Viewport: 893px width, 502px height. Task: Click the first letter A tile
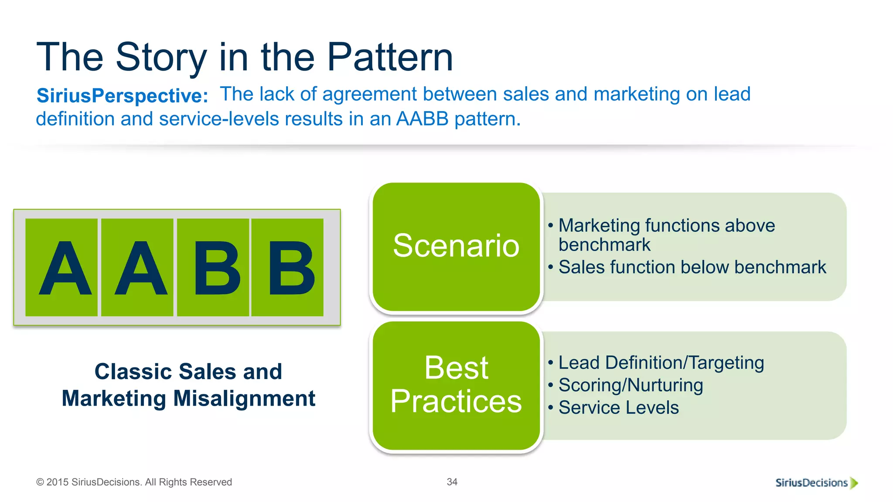(x=61, y=267)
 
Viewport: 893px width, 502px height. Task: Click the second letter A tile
(x=137, y=267)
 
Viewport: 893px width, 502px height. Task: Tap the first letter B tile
(x=213, y=267)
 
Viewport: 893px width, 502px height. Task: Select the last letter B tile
(x=288, y=267)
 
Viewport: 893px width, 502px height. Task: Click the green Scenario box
(x=456, y=246)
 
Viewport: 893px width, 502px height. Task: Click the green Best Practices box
(x=456, y=385)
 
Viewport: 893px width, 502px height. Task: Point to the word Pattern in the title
(x=390, y=57)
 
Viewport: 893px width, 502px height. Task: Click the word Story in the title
(x=161, y=57)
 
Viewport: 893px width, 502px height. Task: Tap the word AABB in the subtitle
(x=422, y=119)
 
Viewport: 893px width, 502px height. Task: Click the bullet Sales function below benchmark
(x=692, y=267)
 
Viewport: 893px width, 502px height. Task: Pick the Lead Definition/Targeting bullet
(x=661, y=363)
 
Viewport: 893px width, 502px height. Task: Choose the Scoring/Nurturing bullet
(x=631, y=385)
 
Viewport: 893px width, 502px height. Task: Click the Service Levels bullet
(x=618, y=408)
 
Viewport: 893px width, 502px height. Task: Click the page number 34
(x=452, y=482)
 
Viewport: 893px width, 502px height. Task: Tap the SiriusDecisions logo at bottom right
(x=815, y=482)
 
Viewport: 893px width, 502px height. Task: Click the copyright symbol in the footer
(x=40, y=482)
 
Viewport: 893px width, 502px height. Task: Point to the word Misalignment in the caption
(x=244, y=398)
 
